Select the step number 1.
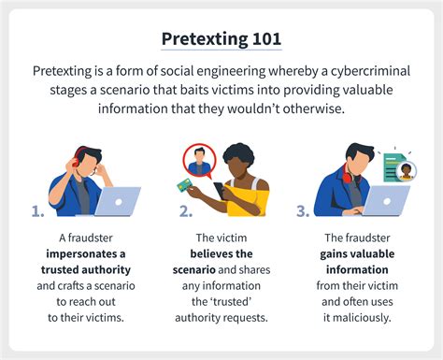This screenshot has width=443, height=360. click(x=38, y=211)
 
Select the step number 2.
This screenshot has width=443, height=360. click(x=186, y=211)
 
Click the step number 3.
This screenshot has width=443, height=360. click(x=303, y=211)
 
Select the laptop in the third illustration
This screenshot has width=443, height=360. click(x=384, y=199)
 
